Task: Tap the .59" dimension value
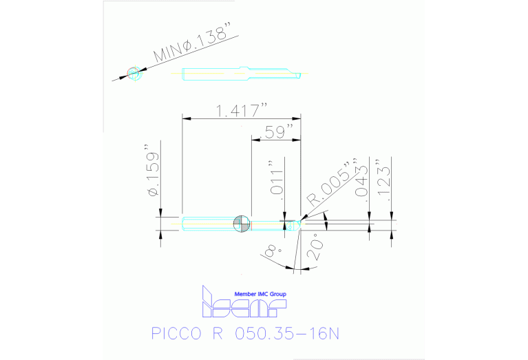[x=279, y=131]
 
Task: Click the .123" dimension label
[x=386, y=180]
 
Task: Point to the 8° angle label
[x=269, y=253]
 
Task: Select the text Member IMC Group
[x=260, y=294]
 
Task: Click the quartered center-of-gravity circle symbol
[x=241, y=223]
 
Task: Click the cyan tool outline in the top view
[x=241, y=73]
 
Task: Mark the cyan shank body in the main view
[x=207, y=223]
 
